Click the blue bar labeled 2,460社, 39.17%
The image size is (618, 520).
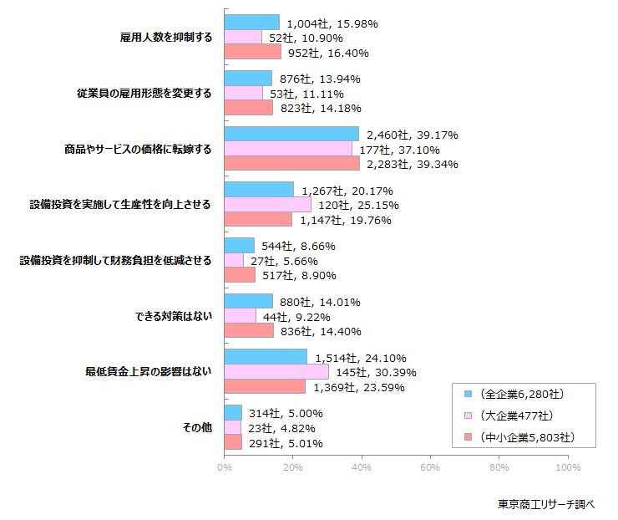point(291,134)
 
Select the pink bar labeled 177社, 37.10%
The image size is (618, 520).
point(288,149)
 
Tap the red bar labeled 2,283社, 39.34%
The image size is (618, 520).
point(291,164)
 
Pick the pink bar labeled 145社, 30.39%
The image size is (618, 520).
point(276,372)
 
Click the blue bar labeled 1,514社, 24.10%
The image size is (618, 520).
point(266,357)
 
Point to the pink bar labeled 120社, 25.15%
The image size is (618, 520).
point(267,205)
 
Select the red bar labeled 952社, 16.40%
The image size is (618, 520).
point(252,52)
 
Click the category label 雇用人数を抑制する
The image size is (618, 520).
point(167,38)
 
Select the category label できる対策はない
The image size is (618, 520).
point(173,317)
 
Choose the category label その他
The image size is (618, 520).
point(197,428)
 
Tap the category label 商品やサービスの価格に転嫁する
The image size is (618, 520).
point(138,149)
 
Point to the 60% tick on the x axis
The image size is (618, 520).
point(430,467)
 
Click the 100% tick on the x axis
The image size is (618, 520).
point(567,467)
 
